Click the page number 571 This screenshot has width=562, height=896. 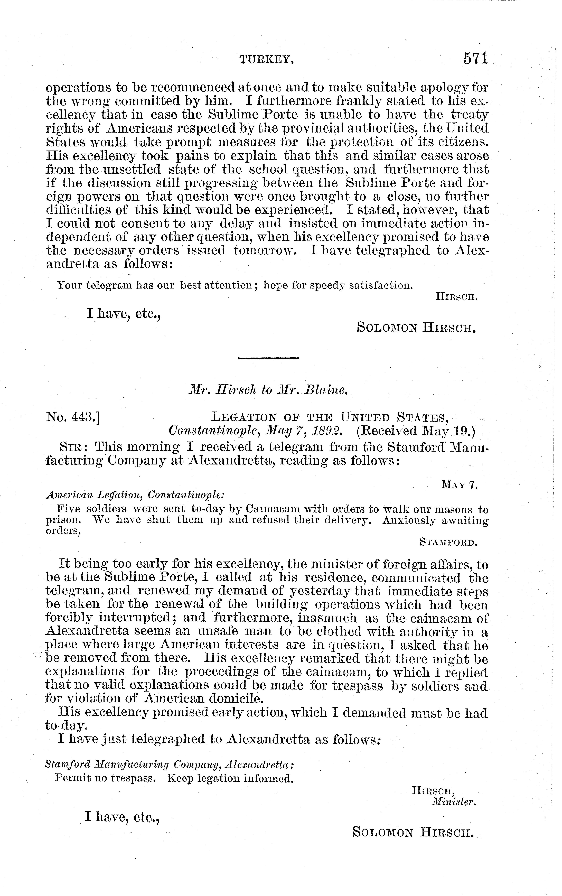coord(475,59)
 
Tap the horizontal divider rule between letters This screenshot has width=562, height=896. coord(268,358)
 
